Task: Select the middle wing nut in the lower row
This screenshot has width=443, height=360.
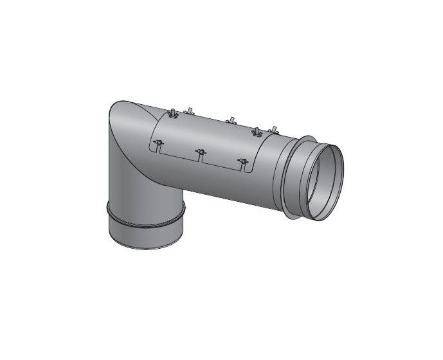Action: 200,152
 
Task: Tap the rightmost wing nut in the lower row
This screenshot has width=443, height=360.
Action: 242,161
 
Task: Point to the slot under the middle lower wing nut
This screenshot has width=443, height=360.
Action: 200,160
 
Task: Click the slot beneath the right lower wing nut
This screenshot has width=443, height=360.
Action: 242,169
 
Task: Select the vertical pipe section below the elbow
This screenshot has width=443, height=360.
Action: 138,174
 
